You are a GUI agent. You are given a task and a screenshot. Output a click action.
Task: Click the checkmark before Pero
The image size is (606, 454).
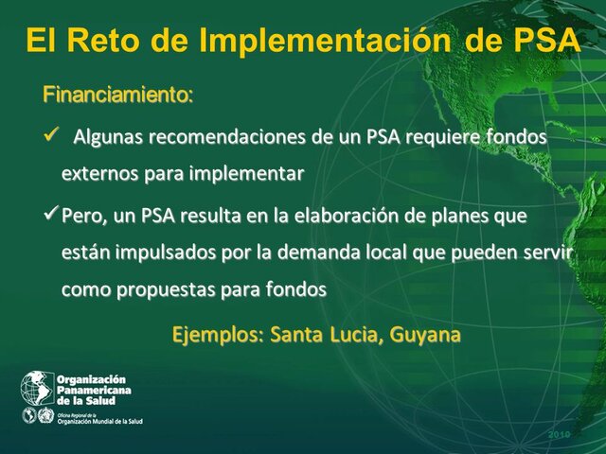(x=52, y=216)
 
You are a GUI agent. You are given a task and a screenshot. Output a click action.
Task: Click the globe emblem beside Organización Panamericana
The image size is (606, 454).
(x=38, y=388)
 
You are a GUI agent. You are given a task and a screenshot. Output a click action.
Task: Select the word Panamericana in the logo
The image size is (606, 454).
(x=95, y=390)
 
